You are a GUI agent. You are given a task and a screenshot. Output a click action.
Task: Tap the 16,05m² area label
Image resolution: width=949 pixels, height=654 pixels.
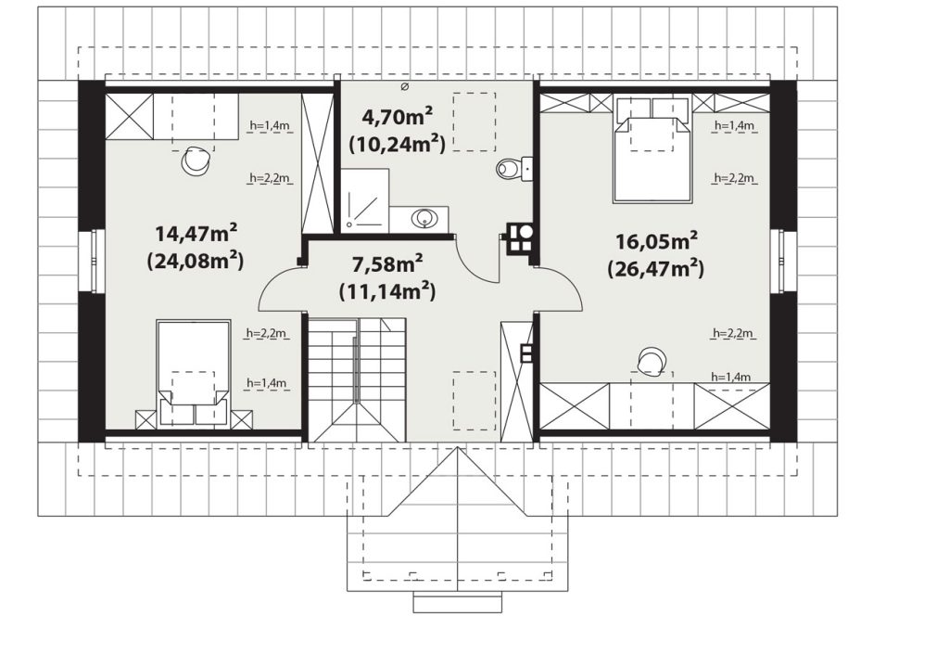point(657,241)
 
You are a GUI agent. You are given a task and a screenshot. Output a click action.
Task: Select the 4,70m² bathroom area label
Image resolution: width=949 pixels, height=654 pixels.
point(398,114)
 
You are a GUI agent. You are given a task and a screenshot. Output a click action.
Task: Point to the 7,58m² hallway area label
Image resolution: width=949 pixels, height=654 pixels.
point(387,264)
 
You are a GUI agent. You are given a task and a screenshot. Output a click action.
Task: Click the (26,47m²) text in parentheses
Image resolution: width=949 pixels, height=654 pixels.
point(656,268)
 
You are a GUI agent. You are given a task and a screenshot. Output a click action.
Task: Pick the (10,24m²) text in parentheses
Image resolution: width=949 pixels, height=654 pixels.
point(397,144)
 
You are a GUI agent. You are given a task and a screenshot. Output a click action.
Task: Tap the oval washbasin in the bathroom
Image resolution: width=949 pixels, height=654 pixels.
point(424,218)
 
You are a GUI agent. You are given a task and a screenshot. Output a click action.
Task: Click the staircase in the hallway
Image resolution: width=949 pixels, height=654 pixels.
point(357,378)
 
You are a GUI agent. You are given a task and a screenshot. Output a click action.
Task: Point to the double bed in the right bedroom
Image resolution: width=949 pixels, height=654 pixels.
point(652,150)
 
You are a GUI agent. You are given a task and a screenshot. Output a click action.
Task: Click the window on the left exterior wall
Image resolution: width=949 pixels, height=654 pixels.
point(98,261)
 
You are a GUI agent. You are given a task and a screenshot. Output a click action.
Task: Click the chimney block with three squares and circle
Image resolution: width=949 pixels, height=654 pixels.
point(520,237)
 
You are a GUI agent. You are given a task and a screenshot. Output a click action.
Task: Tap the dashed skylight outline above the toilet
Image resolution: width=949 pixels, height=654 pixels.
point(474,122)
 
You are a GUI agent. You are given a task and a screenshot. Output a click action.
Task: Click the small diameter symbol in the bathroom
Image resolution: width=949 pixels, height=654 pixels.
point(405,87)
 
